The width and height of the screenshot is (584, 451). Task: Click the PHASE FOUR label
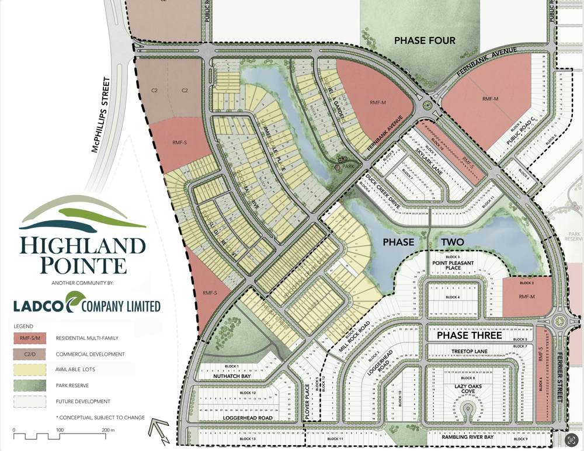[x=425, y=41]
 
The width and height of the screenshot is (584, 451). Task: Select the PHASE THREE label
[x=465, y=336]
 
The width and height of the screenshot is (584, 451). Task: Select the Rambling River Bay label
[x=465, y=436]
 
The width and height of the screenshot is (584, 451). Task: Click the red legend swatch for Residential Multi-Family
[x=29, y=338]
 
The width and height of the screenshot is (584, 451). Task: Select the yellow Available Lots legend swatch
[x=29, y=370]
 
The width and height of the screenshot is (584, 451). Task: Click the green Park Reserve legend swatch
[x=29, y=386]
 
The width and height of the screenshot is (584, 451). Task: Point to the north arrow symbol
[x=159, y=430]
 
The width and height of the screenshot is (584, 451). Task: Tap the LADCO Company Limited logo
[x=88, y=305]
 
